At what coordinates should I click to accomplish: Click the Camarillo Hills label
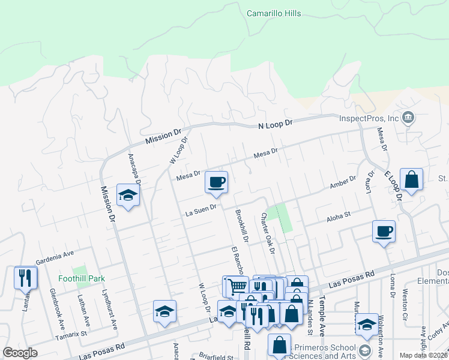[274, 13]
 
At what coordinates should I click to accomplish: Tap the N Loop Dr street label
[275, 123]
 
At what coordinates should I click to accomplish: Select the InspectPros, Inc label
[369, 118]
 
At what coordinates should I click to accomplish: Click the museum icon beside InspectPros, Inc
[408, 116]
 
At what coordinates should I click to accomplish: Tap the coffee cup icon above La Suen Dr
[216, 182]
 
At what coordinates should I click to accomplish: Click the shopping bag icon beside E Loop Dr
[411, 179]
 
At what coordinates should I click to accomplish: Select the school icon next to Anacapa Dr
[128, 196]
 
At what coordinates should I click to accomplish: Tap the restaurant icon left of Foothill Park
[25, 278]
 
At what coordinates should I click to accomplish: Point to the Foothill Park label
[82, 278]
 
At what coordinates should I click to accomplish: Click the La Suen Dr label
[200, 212]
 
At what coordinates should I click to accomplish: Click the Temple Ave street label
[322, 311]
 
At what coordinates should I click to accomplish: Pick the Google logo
[20, 353]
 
